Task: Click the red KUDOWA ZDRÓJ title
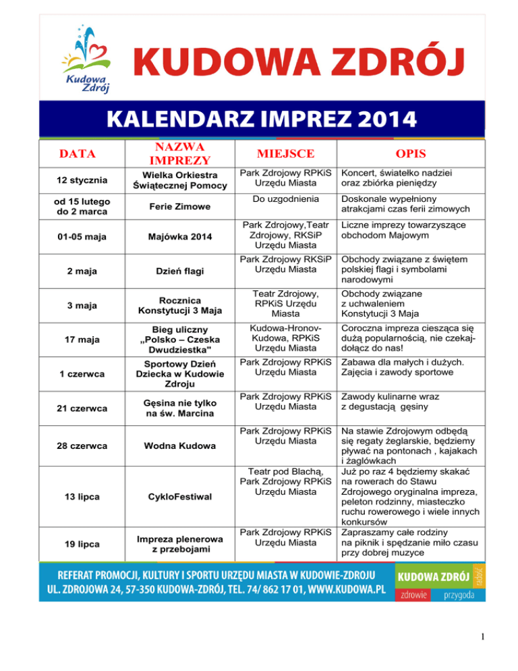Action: pyautogui.click(x=297, y=65)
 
